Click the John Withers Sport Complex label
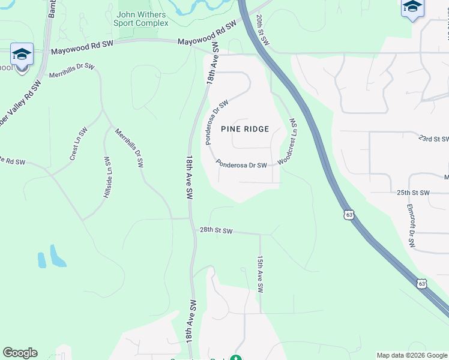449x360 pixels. tap(141, 19)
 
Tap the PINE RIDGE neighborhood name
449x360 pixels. tap(245, 129)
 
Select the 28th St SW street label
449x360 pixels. tap(215, 230)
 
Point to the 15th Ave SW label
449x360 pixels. tap(261, 274)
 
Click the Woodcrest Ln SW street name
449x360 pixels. tap(287, 142)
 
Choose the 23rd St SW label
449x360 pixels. tap(433, 139)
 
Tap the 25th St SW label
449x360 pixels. tap(413, 193)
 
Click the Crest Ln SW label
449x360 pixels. tap(79, 145)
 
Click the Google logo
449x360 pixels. tap(20, 353)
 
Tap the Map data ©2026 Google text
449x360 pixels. tap(412, 355)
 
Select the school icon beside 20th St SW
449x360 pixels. tap(412, 7)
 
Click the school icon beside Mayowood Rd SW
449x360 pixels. tap(22, 56)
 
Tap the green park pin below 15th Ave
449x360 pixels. tap(236, 358)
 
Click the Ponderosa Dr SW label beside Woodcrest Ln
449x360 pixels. tap(241, 164)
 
